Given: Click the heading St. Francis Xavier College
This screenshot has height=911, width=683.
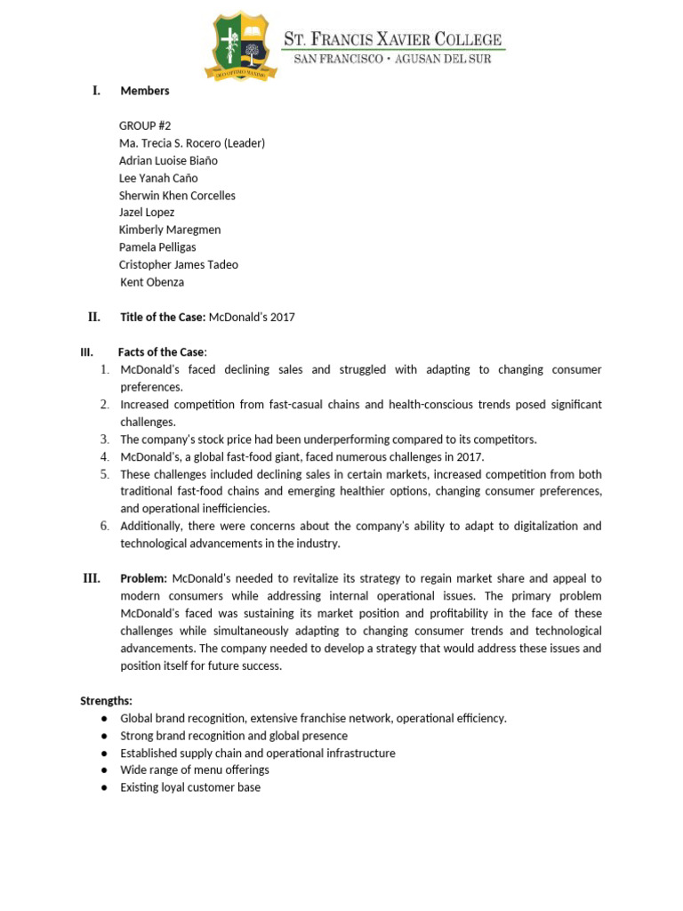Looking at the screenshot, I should [x=392, y=39].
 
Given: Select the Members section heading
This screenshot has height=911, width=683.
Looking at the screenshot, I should [x=145, y=91].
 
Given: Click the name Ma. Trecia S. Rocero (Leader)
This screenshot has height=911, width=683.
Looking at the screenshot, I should [x=192, y=143].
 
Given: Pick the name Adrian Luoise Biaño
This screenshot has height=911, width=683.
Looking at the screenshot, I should [x=168, y=161].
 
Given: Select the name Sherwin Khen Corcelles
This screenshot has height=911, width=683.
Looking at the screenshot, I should [x=177, y=196].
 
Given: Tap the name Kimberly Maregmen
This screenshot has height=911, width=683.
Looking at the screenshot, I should [x=170, y=230].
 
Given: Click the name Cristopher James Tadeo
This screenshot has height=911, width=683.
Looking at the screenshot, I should [x=179, y=264].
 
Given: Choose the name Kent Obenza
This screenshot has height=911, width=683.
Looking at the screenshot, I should [x=153, y=282].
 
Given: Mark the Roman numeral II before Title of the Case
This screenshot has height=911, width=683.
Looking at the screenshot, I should [x=94, y=317].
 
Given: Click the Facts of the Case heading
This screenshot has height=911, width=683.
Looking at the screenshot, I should [x=161, y=352].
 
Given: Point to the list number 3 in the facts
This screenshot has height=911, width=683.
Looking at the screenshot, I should [x=104, y=439].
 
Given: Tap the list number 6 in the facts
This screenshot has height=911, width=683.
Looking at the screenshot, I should [x=104, y=526].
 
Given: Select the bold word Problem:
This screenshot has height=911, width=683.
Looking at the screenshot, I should [x=144, y=578].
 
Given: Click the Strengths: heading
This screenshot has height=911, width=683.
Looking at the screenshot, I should [x=106, y=701].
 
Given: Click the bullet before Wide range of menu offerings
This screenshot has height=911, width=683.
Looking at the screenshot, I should [x=104, y=770].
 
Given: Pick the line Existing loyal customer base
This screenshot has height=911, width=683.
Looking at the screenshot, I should [x=190, y=787].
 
